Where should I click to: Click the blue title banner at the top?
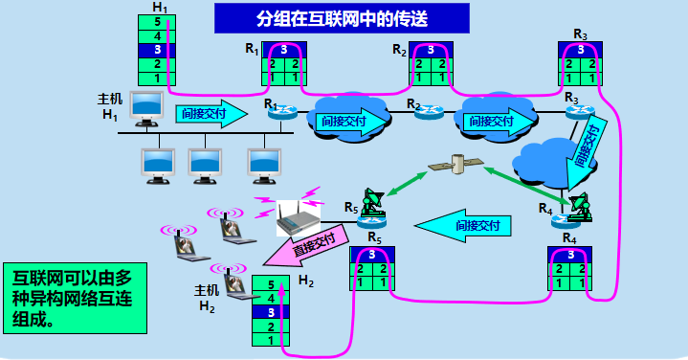coord(342,17)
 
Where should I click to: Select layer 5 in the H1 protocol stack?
coord(158,22)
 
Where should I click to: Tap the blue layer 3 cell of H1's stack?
coord(158,50)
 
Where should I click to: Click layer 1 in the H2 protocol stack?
coord(271,339)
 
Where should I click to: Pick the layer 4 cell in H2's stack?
coord(271,298)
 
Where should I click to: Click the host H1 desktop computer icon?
coord(146,108)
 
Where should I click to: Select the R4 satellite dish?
coord(579,207)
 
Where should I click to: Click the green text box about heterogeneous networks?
coord(74,297)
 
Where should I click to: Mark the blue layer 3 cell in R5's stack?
coord(372,255)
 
